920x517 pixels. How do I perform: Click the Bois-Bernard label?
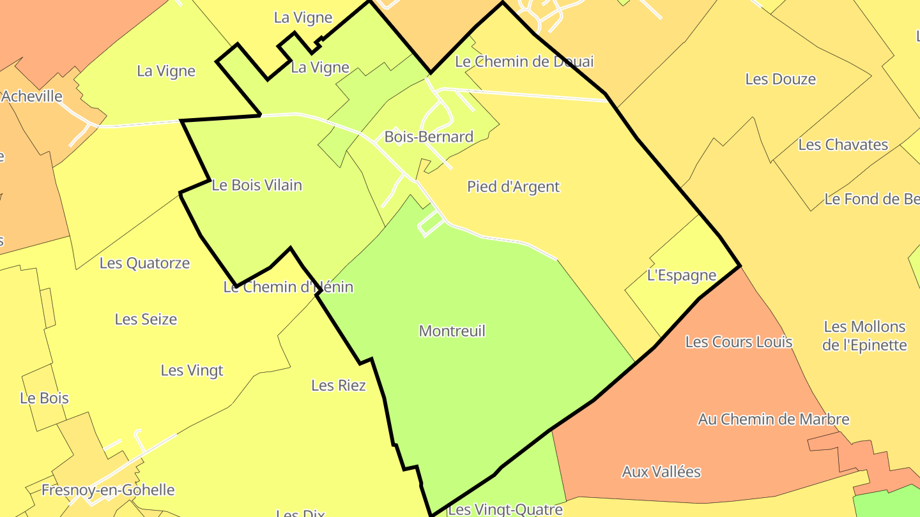click(429, 137)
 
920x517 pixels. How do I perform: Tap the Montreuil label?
click(452, 331)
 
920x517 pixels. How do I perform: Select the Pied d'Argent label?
click(513, 187)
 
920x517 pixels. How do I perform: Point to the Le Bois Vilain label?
click(256, 186)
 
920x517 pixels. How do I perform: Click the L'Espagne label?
click(681, 276)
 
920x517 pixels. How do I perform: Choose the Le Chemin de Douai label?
click(524, 62)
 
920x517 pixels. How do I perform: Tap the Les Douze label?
click(780, 80)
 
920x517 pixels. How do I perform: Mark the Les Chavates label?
click(843, 145)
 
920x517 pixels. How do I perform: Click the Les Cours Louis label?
click(738, 342)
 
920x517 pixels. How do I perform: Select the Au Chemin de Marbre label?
click(773, 420)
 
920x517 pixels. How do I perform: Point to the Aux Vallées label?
click(661, 472)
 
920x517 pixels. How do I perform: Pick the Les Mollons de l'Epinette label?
click(864, 336)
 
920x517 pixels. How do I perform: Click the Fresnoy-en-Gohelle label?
click(107, 490)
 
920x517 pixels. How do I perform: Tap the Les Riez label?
click(338, 386)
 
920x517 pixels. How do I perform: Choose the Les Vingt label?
click(192, 371)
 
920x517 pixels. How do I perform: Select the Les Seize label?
click(146, 319)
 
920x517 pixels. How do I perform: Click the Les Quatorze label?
click(144, 263)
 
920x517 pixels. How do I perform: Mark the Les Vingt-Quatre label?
click(505, 509)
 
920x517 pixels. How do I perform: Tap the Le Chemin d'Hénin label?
click(287, 287)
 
